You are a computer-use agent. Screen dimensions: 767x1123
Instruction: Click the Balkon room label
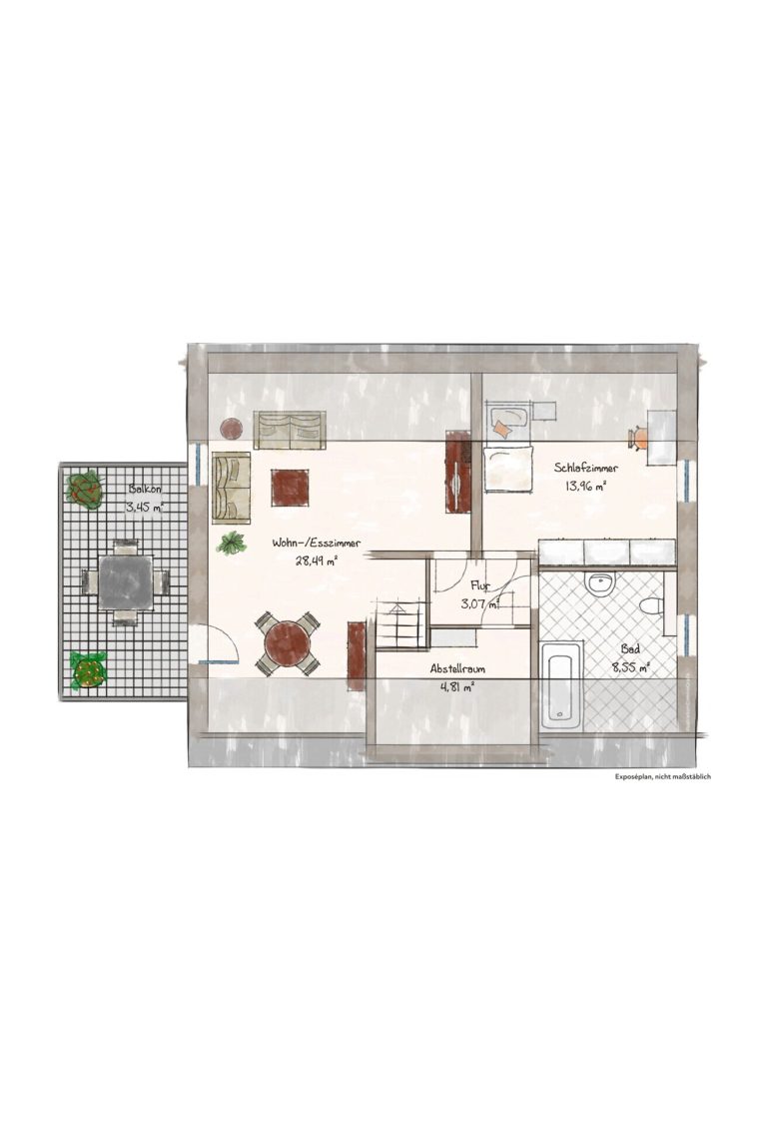[x=146, y=490]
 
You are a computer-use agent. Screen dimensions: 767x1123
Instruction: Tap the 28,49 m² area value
[x=316, y=561]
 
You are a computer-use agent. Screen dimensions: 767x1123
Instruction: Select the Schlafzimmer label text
[x=586, y=469]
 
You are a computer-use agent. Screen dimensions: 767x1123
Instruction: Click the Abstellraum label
[x=457, y=669]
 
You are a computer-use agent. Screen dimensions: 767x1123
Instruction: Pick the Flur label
[x=480, y=585]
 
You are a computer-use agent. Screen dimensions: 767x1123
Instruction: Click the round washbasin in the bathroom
[x=598, y=583]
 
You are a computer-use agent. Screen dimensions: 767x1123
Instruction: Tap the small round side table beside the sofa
[x=232, y=429]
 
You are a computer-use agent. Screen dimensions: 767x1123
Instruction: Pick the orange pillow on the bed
[x=502, y=430]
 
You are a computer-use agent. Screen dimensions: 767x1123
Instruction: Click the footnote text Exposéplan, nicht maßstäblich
[x=662, y=776]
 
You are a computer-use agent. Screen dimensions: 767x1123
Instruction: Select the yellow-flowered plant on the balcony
[x=89, y=670]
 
